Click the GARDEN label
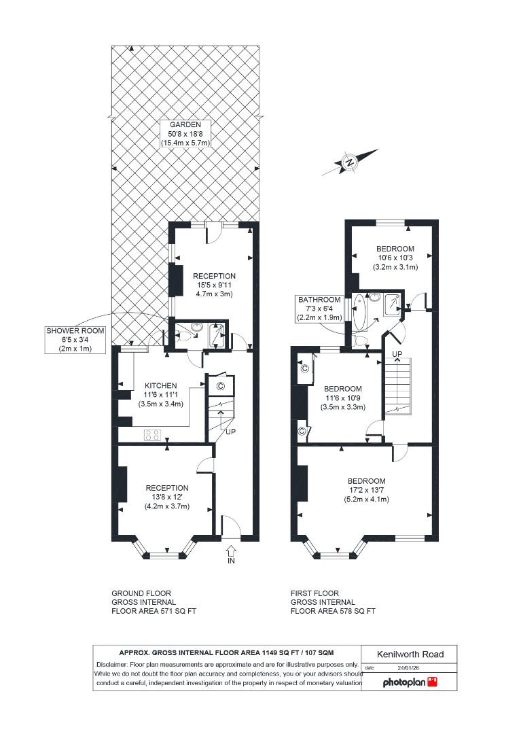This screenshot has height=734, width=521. pos(185,125)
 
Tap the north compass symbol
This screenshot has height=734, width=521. pos(350,162)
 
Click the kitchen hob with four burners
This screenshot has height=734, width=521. pos(151,436)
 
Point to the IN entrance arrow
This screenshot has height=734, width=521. pos(230,550)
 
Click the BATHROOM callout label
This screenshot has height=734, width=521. pos(319,300)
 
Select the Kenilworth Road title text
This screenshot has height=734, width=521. pos(410,654)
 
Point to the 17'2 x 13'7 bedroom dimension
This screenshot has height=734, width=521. pos(366,490)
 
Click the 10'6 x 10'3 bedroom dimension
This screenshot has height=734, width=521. pos(395,258)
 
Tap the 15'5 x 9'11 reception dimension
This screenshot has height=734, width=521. pos(215,285)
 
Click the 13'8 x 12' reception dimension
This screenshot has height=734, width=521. pos(167,497)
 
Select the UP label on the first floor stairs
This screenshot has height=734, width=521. pos(397,355)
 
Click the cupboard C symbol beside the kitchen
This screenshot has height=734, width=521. pos(220,386)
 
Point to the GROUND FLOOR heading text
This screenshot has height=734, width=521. pos(141,593)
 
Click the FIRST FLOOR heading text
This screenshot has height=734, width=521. pos(315,593)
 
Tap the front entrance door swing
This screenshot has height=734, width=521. pos(231,526)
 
